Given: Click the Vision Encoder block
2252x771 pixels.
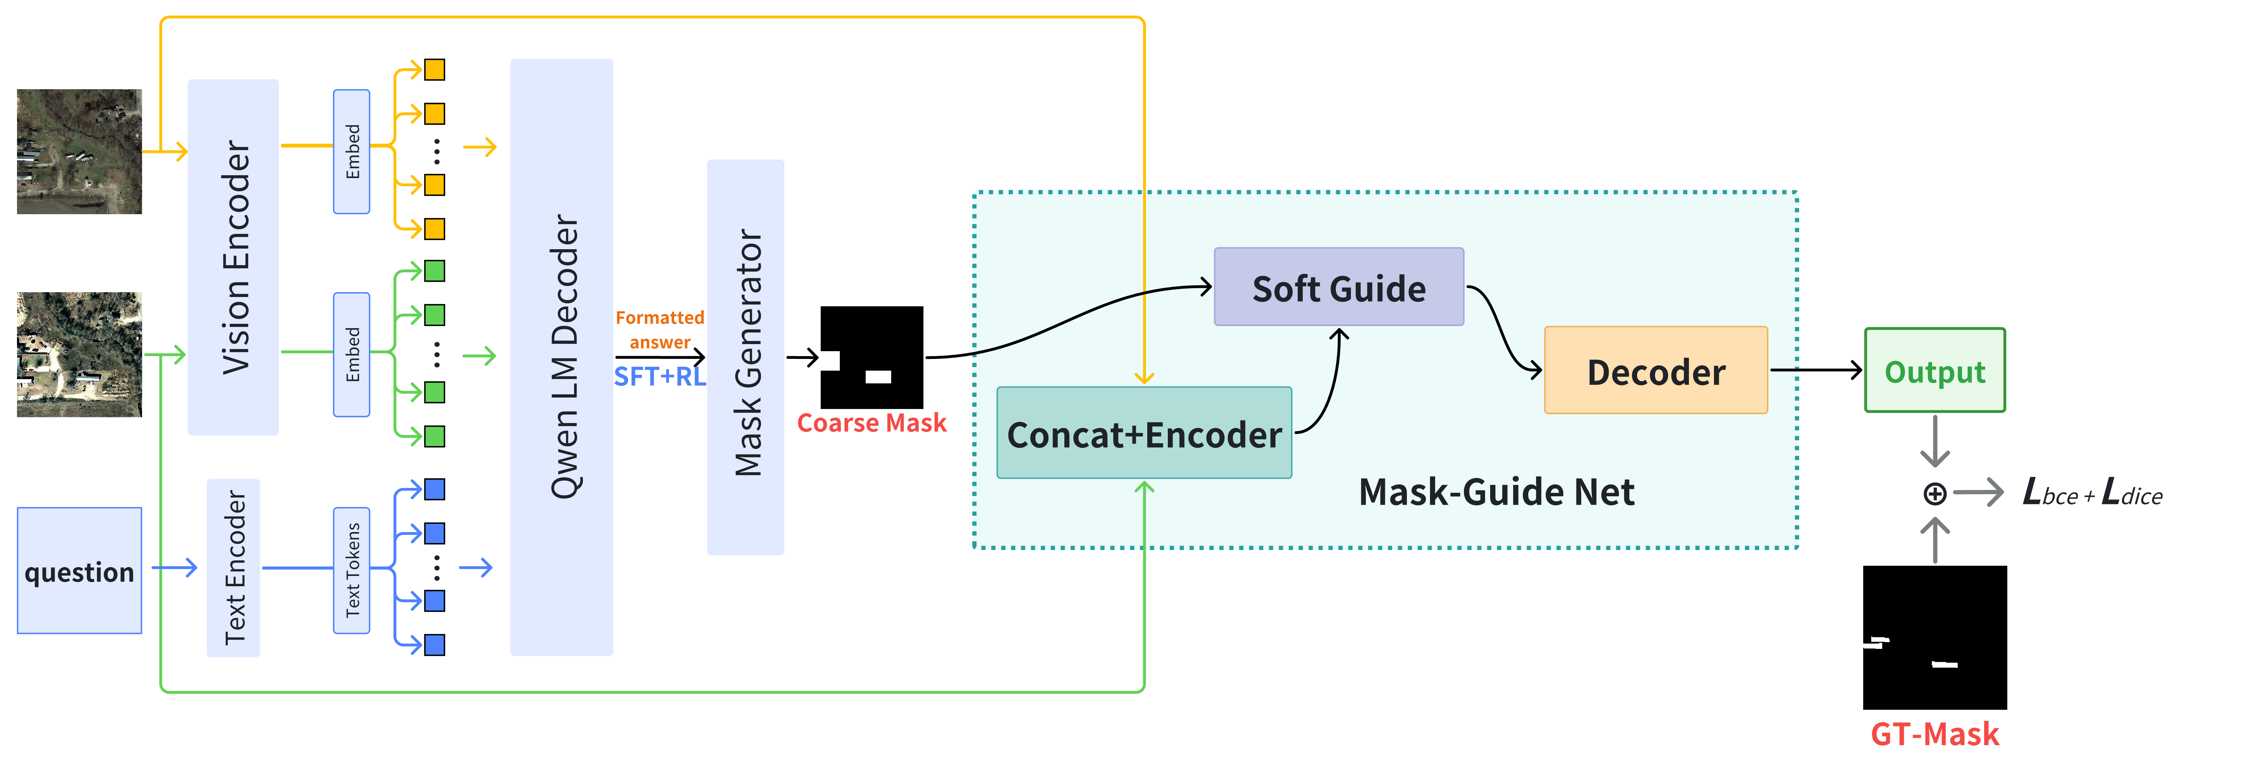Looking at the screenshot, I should (233, 257).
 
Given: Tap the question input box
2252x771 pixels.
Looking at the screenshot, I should (80, 571).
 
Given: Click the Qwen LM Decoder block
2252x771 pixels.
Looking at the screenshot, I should (562, 357).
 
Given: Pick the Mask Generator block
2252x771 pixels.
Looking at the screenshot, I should (746, 357).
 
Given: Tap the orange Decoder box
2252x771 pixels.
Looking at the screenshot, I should (1656, 371).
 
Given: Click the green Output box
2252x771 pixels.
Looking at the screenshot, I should (1935, 371).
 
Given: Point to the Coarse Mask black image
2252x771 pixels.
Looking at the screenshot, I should (872, 357).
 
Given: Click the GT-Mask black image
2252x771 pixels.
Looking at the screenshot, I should (1935, 637).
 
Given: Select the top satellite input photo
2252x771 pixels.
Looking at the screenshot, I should (80, 151).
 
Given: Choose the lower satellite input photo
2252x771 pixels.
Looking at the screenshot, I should (80, 354).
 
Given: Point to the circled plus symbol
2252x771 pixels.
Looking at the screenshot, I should (1935, 494).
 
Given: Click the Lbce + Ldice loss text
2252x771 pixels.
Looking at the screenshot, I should (2092, 494).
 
